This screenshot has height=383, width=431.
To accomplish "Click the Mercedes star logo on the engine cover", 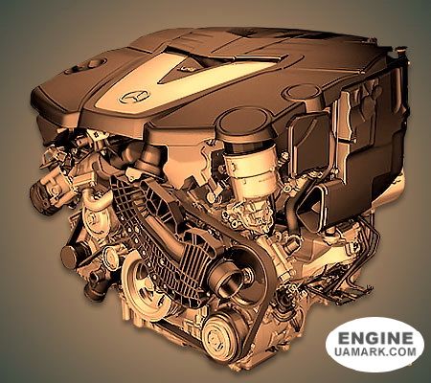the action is point(134,97).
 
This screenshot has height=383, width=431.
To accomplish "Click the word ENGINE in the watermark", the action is point(375,338).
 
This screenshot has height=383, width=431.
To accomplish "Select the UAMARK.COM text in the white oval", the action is point(375,351).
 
